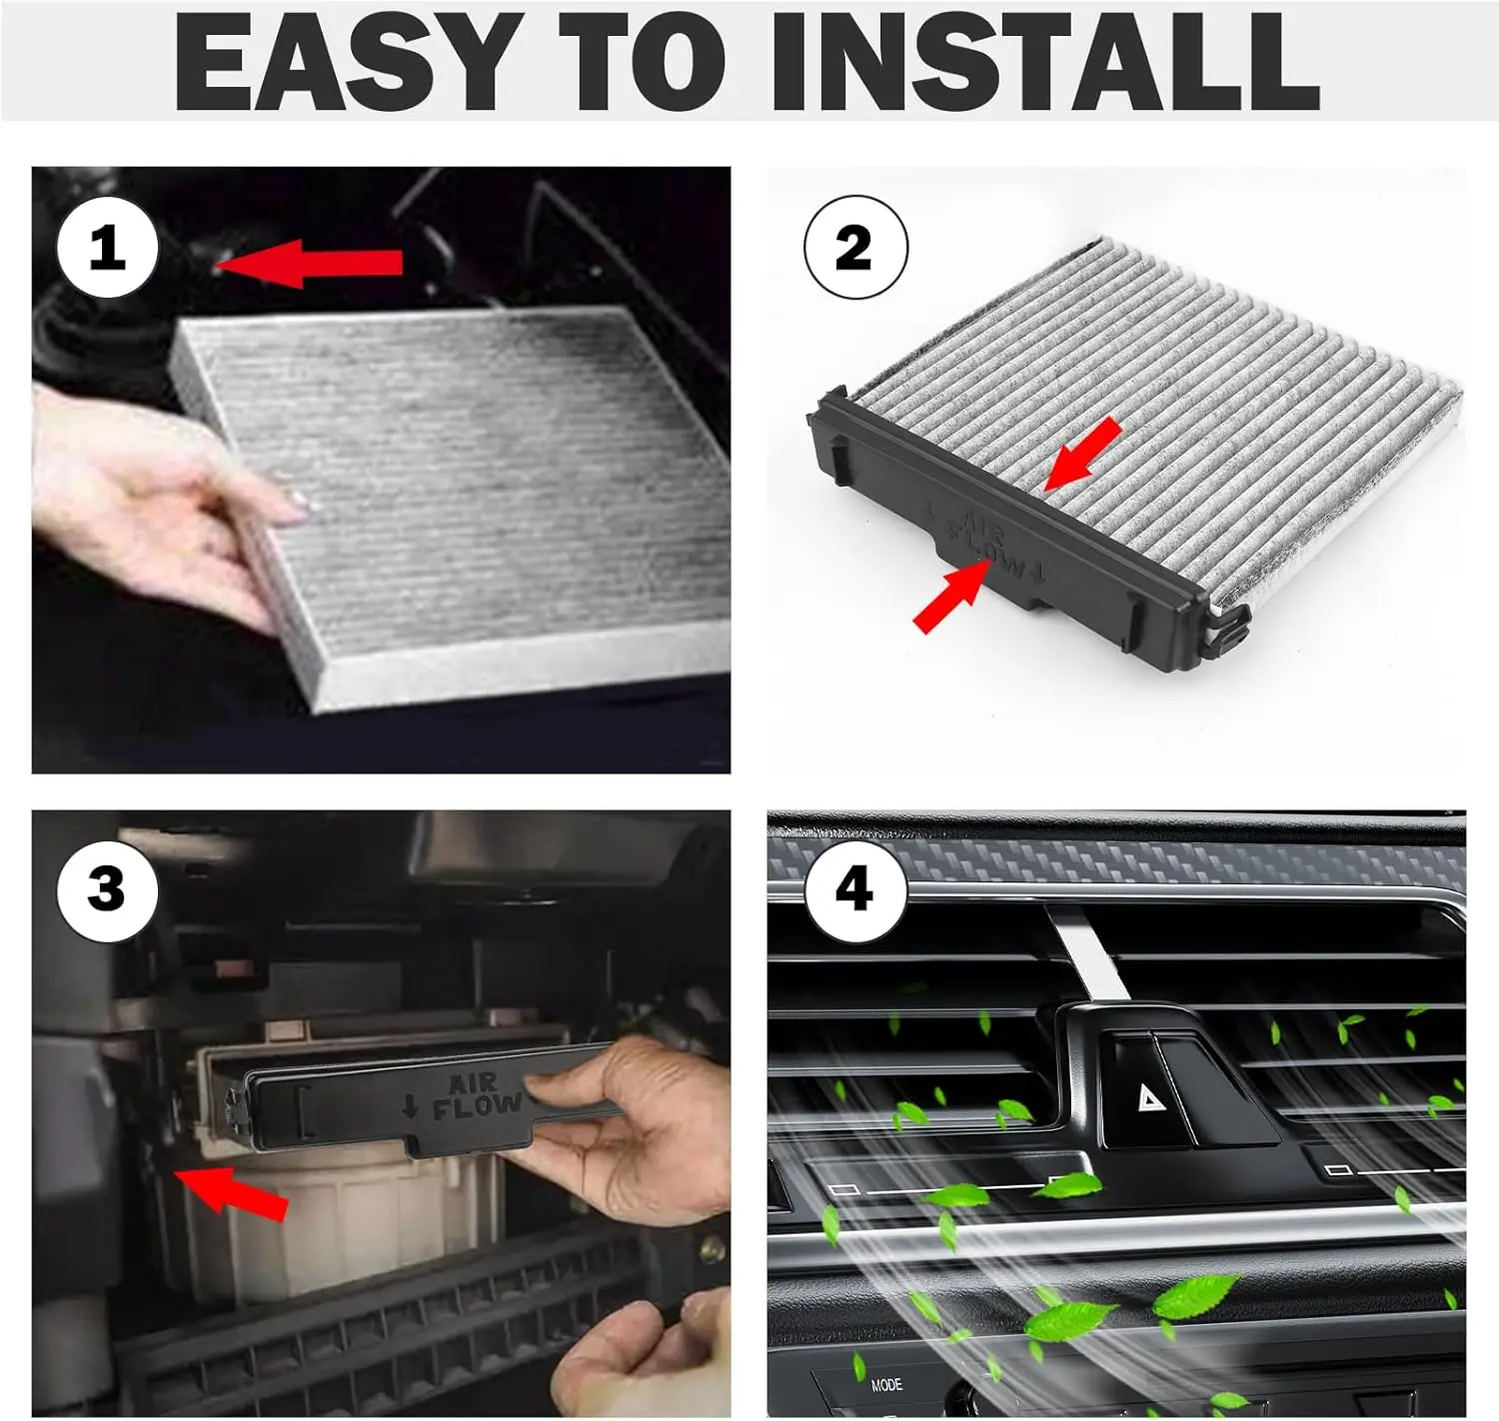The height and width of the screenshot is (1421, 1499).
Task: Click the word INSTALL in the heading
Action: tap(1046, 63)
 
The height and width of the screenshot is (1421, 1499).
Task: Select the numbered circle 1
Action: tap(108, 248)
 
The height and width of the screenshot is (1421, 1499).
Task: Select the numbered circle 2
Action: tap(856, 247)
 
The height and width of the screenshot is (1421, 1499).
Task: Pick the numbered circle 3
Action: tap(108, 891)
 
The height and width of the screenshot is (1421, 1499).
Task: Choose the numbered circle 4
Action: tap(855, 891)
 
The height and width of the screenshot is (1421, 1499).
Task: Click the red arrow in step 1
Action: tap(308, 263)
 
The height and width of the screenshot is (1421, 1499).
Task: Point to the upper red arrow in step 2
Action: tap(1082, 453)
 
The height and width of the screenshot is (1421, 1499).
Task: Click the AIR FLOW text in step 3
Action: tap(478, 1096)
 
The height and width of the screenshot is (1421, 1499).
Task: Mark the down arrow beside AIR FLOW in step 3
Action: tap(410, 1107)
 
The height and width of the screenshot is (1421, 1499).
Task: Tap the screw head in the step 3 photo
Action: tap(713, 1248)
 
